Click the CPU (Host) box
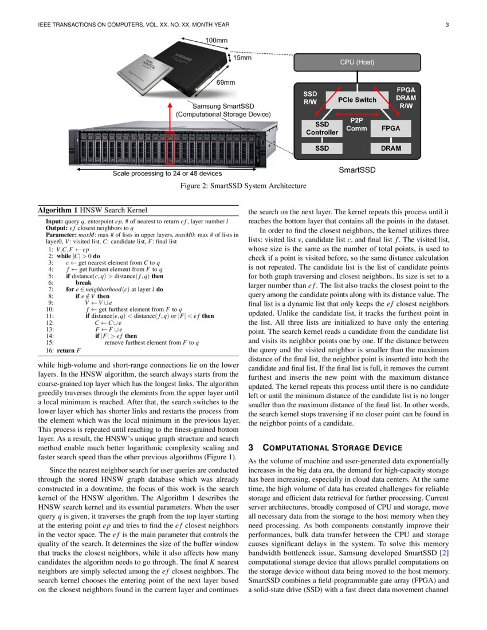(357, 62)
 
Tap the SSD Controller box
(322, 128)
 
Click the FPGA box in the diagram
(391, 128)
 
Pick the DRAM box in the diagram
(391, 148)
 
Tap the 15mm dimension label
(241, 58)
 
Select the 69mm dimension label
(225, 82)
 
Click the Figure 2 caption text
(243, 186)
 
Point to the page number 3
(447, 25)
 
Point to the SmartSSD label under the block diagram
(356, 170)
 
